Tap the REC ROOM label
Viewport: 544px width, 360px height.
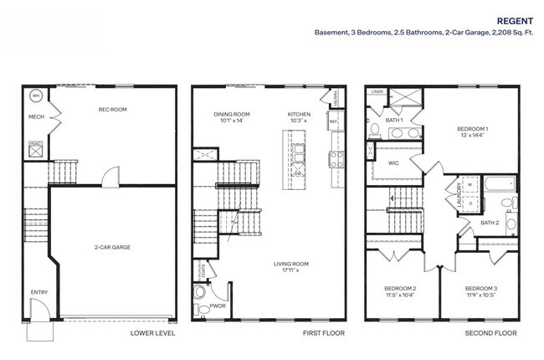tap(112, 109)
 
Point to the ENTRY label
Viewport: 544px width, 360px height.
tap(39, 292)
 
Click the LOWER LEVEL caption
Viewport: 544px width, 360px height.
tap(152, 333)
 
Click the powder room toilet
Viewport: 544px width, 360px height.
tap(199, 295)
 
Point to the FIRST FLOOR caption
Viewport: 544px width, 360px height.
tap(323, 333)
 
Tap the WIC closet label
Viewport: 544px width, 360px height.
tap(393, 163)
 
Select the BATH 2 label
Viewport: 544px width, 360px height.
tap(490, 223)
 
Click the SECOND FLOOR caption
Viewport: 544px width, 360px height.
tap(490, 333)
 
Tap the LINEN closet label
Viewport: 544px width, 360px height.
tap(377, 91)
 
